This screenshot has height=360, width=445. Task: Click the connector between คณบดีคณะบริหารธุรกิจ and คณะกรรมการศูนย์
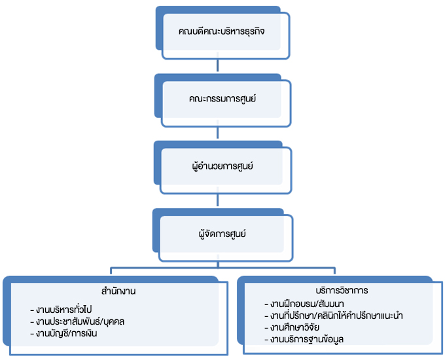pos(219,67)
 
